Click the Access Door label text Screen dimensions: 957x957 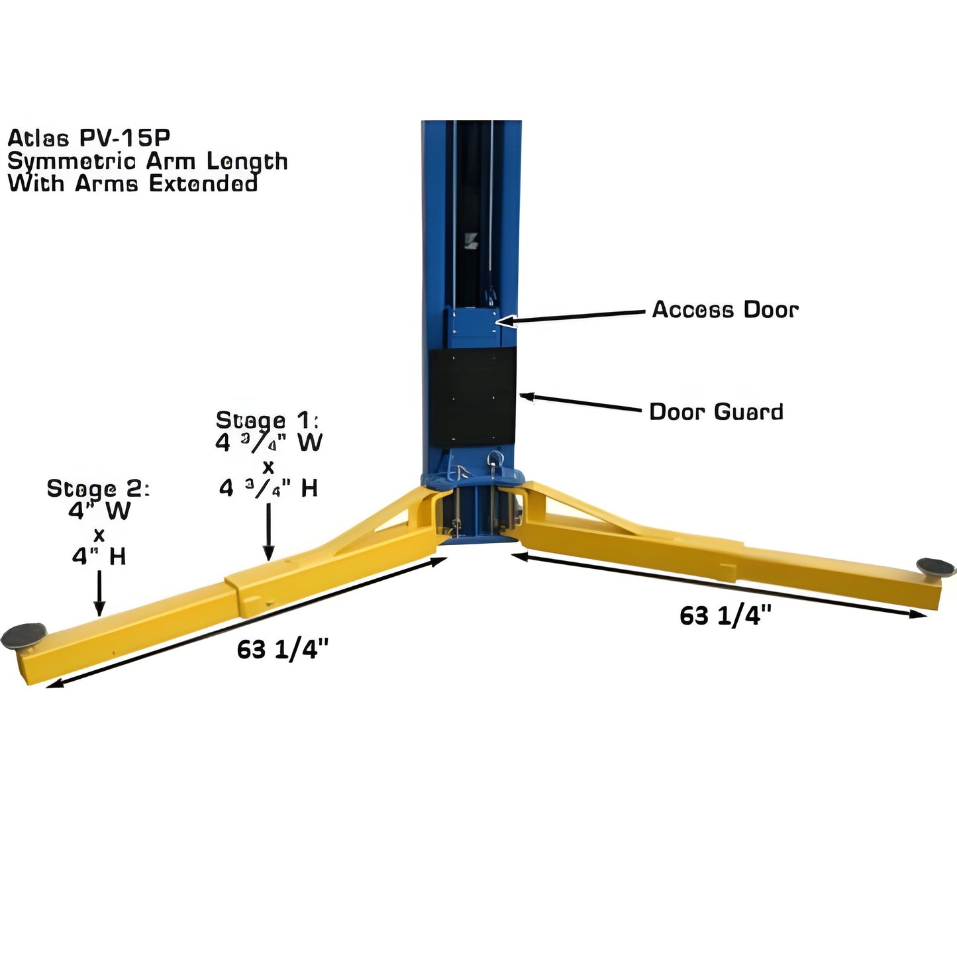coord(725,309)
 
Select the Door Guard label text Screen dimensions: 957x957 coord(716,411)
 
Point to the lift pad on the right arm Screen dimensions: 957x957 coord(936,566)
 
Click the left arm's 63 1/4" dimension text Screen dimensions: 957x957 coord(283,650)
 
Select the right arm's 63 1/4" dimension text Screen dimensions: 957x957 coord(725,615)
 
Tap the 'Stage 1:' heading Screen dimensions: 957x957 coord(268,420)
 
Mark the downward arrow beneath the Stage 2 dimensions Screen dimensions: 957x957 coord(99,592)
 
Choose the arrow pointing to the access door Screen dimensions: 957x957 coord(570,317)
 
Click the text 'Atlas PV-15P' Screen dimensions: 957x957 coord(89,138)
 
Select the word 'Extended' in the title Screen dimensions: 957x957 coord(203,183)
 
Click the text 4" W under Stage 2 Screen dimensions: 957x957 coord(99,511)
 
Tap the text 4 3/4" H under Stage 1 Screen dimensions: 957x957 coord(268,488)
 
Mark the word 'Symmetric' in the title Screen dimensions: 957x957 coord(72,161)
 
